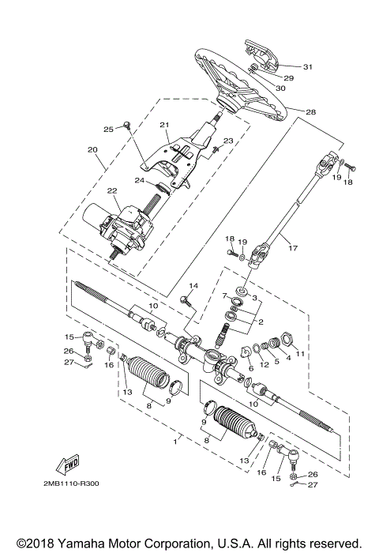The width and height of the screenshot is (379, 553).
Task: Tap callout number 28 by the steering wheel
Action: click(x=310, y=112)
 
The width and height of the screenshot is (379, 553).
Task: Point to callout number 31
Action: click(x=307, y=66)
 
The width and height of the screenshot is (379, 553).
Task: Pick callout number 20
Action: click(x=92, y=149)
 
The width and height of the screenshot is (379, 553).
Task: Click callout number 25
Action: click(x=109, y=128)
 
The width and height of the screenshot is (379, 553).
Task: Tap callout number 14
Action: click(x=193, y=286)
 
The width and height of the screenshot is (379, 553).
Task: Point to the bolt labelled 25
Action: click(x=126, y=125)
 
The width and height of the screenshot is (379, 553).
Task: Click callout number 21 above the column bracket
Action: click(x=165, y=125)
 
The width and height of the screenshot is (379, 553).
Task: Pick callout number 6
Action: click(x=250, y=368)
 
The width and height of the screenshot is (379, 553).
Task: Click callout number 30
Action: click(x=280, y=88)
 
